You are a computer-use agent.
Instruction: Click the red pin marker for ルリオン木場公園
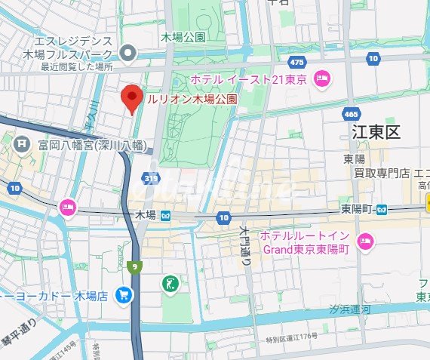[132, 99]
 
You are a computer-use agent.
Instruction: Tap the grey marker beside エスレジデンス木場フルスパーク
[128, 53]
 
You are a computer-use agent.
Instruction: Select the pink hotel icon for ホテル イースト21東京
[323, 77]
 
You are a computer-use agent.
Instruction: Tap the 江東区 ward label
[376, 133]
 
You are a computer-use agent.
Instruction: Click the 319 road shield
[153, 178]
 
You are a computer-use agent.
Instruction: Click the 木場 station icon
[165, 216]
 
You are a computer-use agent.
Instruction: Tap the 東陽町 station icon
[383, 208]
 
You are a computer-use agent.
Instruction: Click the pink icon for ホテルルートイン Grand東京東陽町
[366, 242]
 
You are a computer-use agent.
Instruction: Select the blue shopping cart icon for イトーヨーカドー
[123, 295]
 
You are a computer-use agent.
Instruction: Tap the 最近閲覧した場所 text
[77, 66]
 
